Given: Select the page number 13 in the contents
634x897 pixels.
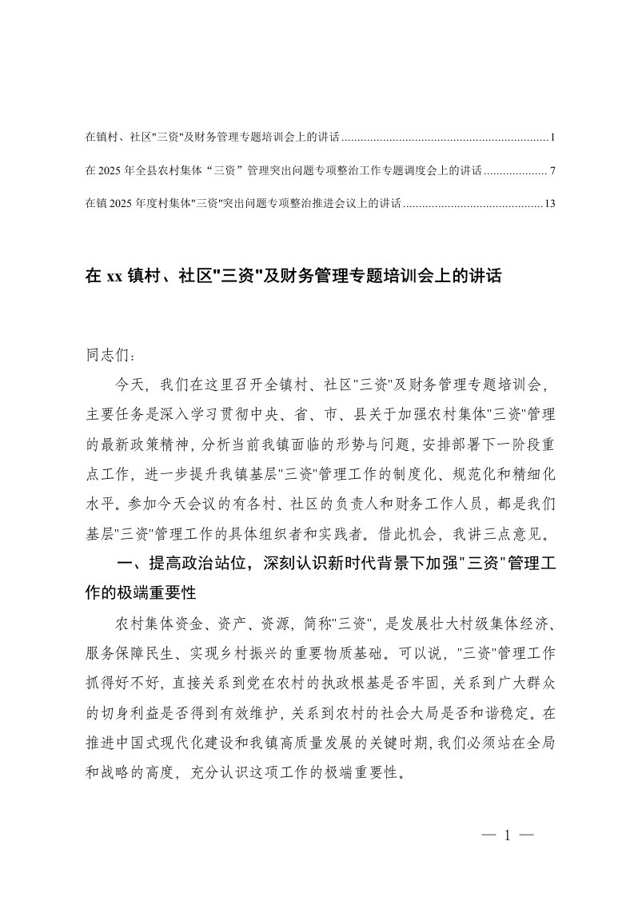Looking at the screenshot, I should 549,203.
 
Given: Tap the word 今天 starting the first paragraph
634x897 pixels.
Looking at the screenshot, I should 128,384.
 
